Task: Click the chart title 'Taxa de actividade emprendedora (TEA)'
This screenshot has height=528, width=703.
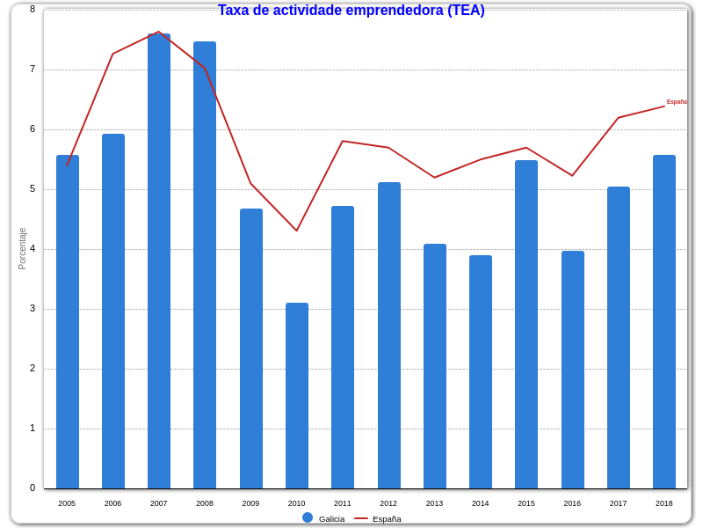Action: (x=351, y=11)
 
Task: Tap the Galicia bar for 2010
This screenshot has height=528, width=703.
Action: (x=297, y=395)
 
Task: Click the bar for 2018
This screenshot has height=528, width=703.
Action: (x=664, y=321)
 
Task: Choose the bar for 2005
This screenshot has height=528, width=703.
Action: (x=68, y=321)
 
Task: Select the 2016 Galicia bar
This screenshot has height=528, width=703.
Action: (x=573, y=370)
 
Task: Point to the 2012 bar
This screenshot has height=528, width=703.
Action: (x=389, y=335)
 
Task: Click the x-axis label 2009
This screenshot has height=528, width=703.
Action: (x=250, y=503)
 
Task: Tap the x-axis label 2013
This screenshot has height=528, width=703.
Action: (x=434, y=503)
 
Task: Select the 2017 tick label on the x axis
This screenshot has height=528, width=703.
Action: (x=618, y=503)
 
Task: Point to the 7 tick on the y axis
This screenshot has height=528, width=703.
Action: (x=33, y=70)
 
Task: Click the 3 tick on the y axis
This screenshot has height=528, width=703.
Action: (x=33, y=309)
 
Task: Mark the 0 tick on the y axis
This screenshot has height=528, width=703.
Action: (x=33, y=488)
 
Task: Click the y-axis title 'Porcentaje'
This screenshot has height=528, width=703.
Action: (x=23, y=248)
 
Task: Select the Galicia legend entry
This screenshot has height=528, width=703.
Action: (x=324, y=518)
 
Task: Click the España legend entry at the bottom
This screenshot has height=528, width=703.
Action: (x=379, y=518)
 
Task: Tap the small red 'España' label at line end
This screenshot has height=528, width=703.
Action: (x=677, y=102)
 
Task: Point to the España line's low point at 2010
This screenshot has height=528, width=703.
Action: (x=297, y=231)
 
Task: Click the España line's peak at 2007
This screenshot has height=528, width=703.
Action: (x=159, y=33)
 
